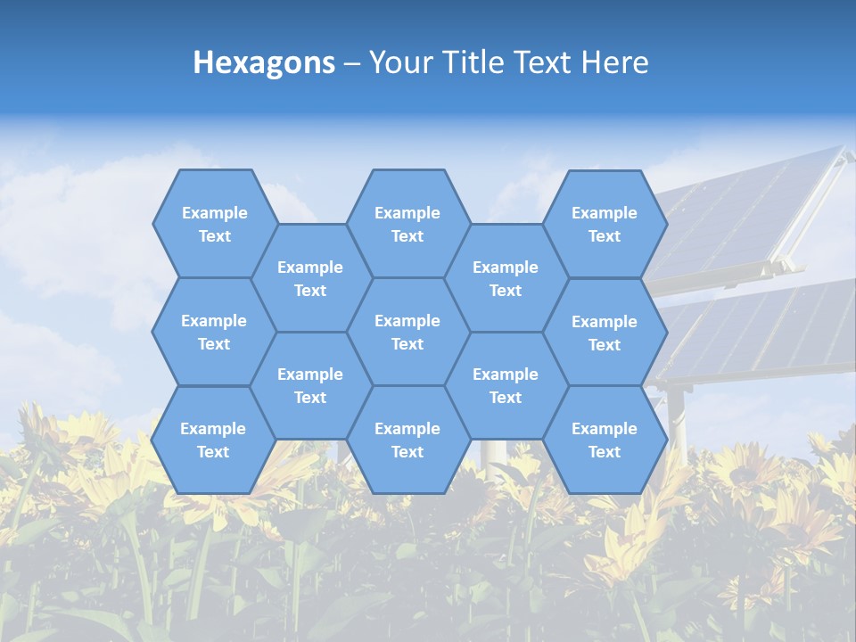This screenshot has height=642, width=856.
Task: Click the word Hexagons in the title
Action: click(264, 63)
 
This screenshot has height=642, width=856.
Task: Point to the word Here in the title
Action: click(614, 63)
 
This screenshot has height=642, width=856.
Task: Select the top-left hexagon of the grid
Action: click(214, 224)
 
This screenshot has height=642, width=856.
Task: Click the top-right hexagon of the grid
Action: click(605, 224)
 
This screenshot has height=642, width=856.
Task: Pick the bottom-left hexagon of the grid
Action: click(213, 440)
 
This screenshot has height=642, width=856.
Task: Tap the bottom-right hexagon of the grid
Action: click(605, 440)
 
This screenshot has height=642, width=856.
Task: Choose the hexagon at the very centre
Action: click(407, 332)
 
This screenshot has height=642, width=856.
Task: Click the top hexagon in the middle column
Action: click(407, 224)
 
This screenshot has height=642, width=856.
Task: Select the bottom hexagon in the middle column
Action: click(407, 440)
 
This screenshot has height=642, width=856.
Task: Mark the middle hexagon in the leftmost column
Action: click(214, 332)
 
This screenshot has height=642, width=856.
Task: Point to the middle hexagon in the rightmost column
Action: click(605, 333)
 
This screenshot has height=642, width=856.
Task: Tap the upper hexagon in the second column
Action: click(310, 278)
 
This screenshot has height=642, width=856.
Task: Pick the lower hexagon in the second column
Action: click(310, 385)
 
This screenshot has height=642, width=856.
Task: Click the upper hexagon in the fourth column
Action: click(506, 278)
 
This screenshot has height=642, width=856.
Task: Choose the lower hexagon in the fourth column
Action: click(506, 385)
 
